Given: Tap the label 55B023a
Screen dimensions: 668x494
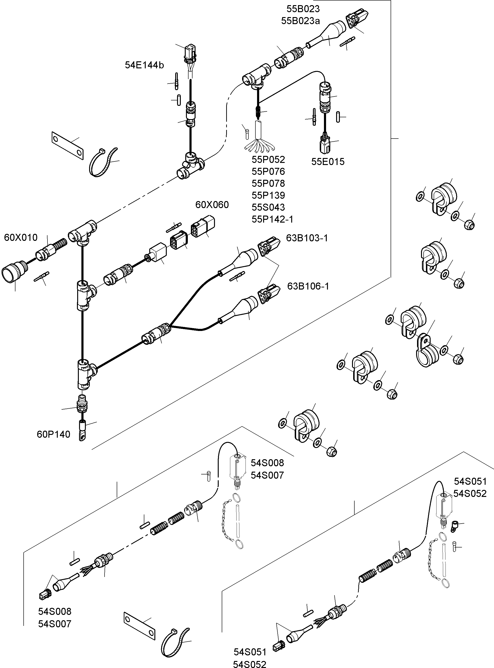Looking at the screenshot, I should point(300,21).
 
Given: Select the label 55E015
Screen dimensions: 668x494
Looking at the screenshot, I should point(328,161).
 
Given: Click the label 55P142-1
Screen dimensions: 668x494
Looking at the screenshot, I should point(272,219).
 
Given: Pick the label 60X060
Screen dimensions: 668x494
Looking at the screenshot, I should point(212,205).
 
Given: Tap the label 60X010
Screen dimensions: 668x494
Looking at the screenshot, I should point(21,238).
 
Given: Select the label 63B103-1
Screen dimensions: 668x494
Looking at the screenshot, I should point(307,238).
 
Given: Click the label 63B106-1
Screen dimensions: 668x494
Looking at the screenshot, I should point(308,286).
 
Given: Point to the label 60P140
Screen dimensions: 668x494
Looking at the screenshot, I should point(53,434).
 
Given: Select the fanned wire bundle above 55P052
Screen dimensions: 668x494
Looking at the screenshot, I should point(259,143).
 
